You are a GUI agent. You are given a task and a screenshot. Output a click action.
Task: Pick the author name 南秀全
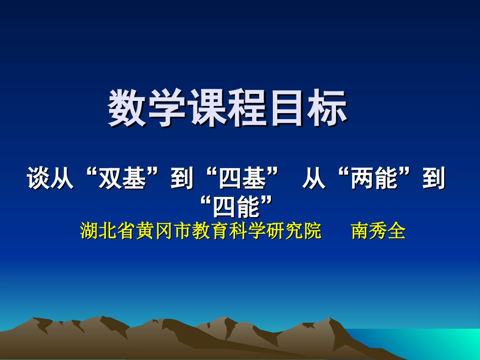tap(378, 231)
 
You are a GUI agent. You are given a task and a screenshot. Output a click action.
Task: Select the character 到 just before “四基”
tap(182, 179)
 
